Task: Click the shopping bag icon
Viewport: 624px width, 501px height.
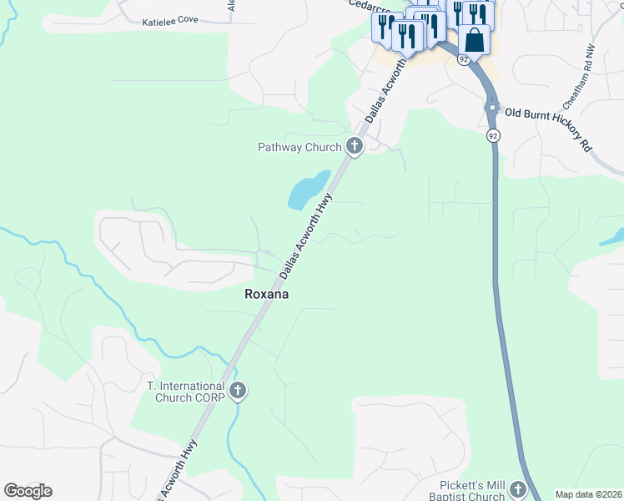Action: click(x=474, y=39)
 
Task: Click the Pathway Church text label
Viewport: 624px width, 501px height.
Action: click(x=299, y=148)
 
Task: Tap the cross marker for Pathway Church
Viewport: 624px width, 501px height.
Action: click(x=355, y=147)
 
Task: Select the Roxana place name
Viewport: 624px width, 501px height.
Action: click(x=265, y=294)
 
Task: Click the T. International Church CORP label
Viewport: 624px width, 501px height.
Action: click(x=185, y=392)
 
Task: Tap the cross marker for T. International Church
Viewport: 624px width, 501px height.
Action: click(x=238, y=391)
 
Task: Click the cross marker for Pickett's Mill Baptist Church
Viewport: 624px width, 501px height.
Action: click(x=518, y=490)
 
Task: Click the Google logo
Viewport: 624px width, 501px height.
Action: click(x=28, y=491)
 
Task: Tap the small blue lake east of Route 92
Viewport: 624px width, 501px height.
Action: click(x=612, y=236)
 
